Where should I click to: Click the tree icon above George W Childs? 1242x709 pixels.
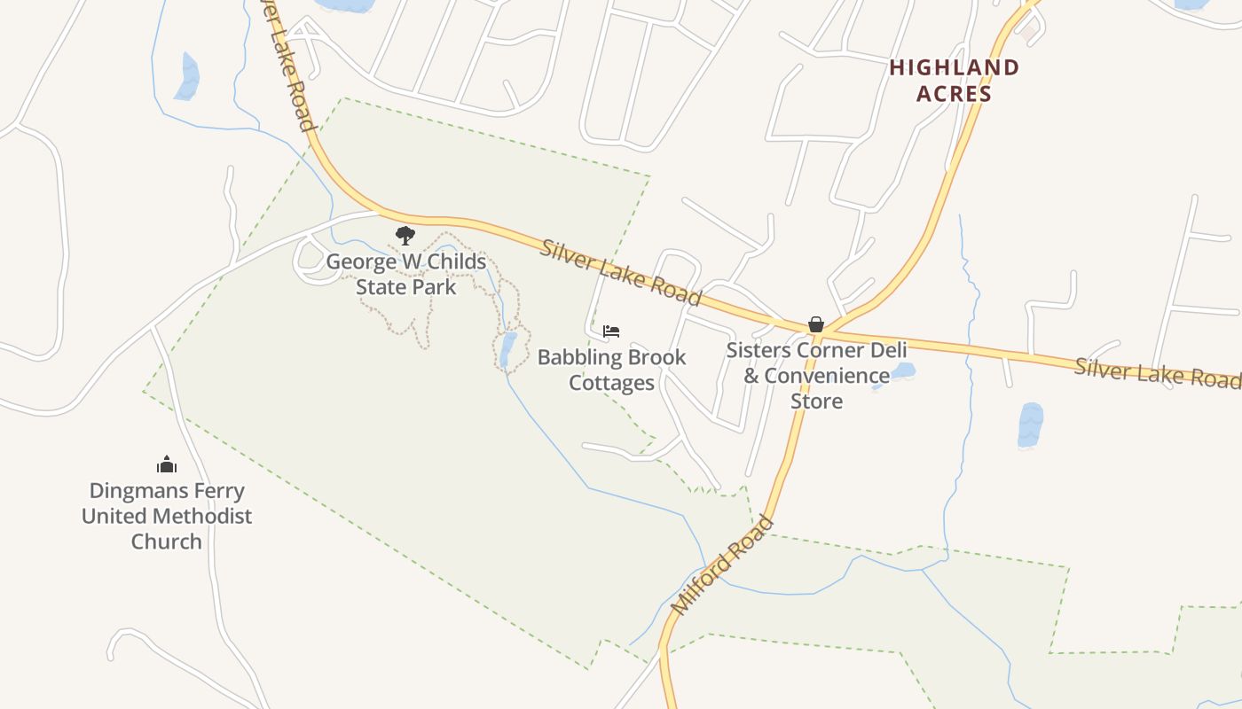[x=405, y=236]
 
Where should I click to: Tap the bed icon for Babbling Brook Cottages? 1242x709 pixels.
[x=611, y=331]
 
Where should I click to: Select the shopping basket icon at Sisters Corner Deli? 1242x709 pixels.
[x=816, y=325]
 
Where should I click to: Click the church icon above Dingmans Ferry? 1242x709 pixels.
[x=167, y=464]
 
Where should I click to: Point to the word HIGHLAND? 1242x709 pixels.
[x=955, y=67]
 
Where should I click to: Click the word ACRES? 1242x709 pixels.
[x=955, y=93]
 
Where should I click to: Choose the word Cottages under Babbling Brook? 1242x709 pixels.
[x=611, y=383]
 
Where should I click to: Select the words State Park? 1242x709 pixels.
[x=405, y=287]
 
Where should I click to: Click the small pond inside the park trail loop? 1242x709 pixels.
[x=507, y=350]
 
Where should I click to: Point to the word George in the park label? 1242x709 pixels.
[x=359, y=262]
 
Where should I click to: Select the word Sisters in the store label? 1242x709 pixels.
[x=758, y=350]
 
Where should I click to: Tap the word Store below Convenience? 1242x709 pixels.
[x=816, y=401]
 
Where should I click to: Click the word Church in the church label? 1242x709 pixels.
[x=167, y=541]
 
